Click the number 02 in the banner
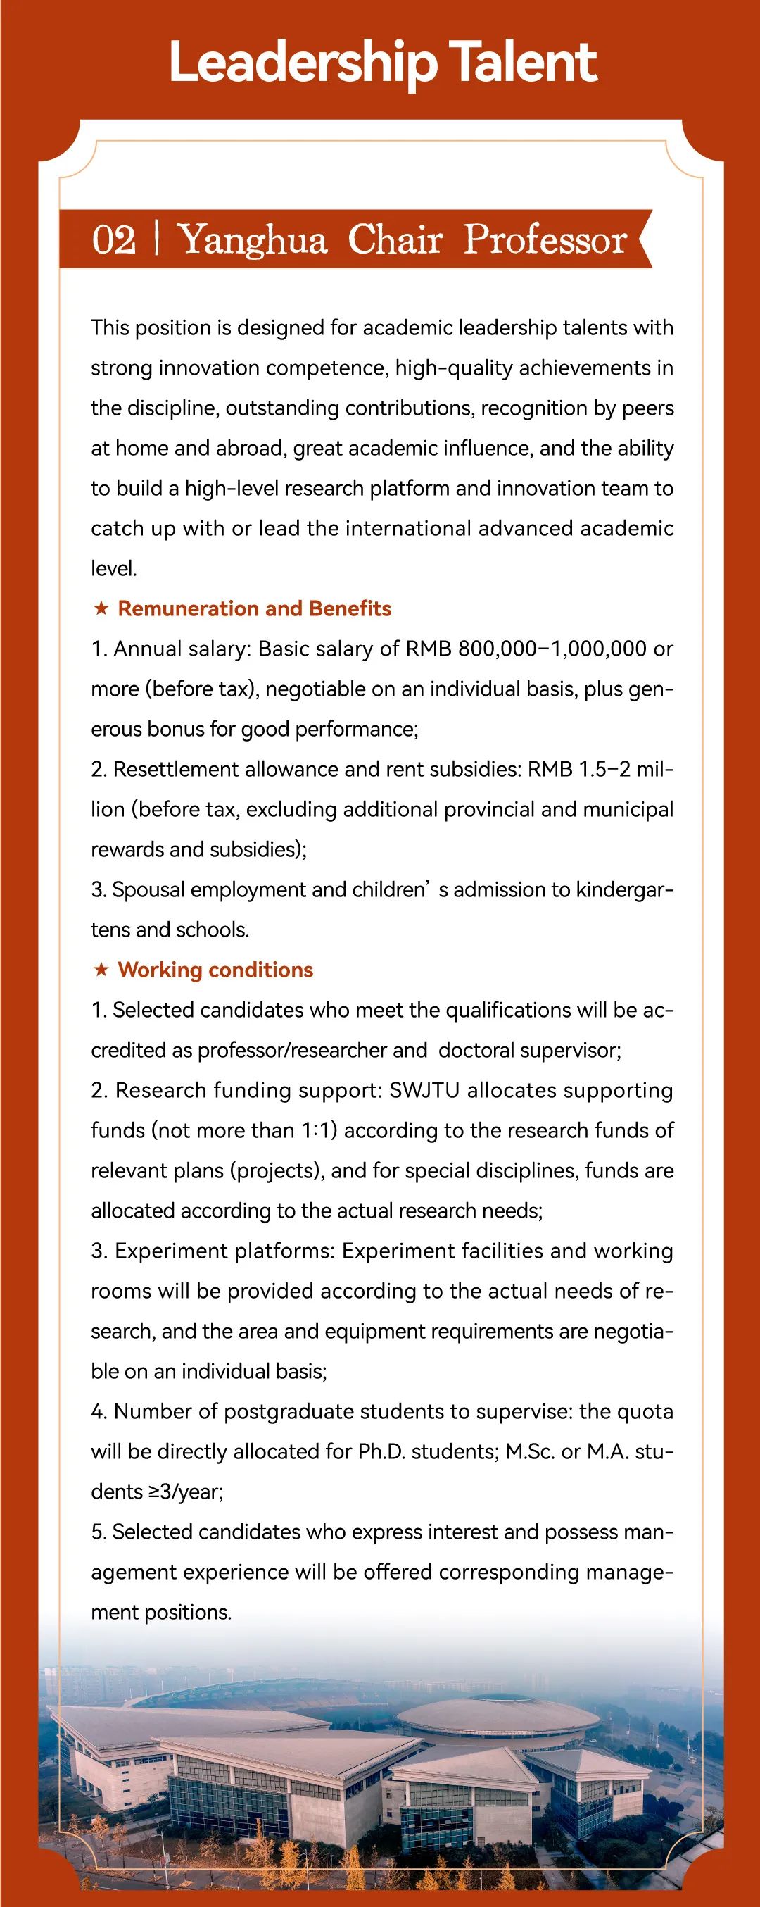(114, 240)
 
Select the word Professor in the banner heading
(545, 240)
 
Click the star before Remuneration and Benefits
(101, 608)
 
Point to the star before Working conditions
(101, 970)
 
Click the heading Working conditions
(215, 970)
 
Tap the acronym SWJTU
(425, 1089)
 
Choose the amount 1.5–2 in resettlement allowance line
(604, 769)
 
